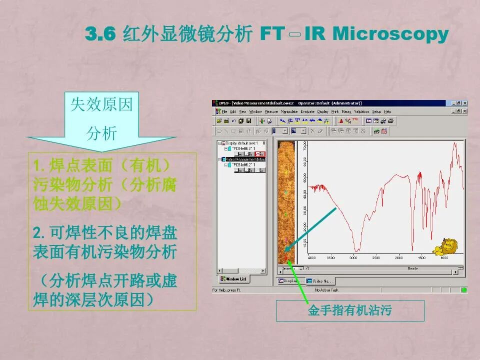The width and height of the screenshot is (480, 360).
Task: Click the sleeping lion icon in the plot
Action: coord(446,246)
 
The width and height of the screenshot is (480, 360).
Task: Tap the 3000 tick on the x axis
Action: coord(353,258)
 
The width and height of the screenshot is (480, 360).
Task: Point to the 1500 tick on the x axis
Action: coord(421,258)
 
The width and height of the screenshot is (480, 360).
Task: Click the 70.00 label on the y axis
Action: coord(305,146)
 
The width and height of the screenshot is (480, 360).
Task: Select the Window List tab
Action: coord(233,279)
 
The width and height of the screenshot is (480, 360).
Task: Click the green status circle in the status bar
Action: coord(463,289)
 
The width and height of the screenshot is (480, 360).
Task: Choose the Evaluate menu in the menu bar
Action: coord(307,111)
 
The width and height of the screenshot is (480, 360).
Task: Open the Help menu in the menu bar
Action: coord(387,111)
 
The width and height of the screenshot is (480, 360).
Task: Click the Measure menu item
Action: coord(271,111)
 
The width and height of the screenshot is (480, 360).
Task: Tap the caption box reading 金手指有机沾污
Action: coord(350,310)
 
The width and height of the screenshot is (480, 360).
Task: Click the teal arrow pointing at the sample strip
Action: coord(312,227)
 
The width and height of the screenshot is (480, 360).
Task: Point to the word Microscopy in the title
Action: coord(390,34)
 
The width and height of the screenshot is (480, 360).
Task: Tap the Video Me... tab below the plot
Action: coord(320,281)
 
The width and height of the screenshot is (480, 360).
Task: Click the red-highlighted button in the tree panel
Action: coord(260,154)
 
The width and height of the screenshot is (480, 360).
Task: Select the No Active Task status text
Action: coord(327,290)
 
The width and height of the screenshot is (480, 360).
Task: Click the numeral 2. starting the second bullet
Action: coord(39,232)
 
